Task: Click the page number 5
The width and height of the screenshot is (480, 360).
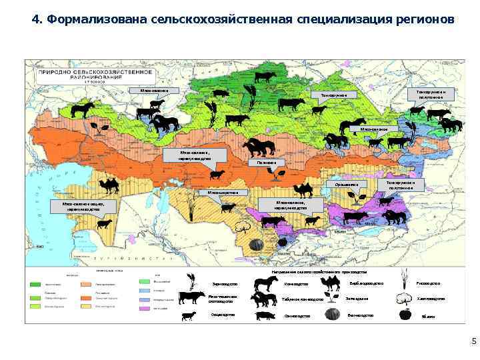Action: [x=473, y=342]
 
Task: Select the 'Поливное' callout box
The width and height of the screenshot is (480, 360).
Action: [x=267, y=162]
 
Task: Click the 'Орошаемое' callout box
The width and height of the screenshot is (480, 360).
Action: [x=347, y=184]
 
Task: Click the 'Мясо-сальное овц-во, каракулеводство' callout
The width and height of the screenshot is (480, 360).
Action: [x=83, y=206]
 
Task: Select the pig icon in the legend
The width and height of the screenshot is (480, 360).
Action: [x=265, y=315]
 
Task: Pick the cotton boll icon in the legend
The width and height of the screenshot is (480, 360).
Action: [x=405, y=299]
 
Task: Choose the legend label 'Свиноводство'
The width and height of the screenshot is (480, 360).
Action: [x=297, y=316]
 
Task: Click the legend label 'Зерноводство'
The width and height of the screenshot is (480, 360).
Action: [x=224, y=284]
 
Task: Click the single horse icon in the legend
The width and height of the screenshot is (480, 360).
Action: [x=265, y=283]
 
